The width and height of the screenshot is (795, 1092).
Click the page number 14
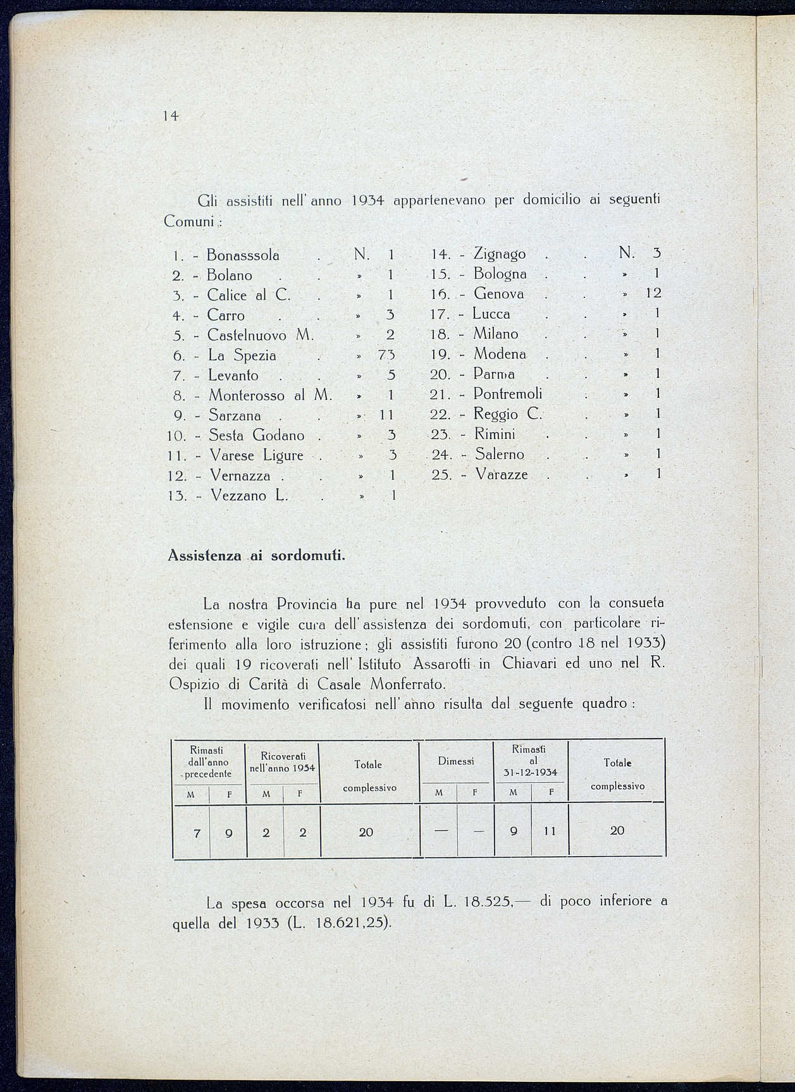click(x=170, y=116)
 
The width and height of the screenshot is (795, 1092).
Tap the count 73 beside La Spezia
click(x=386, y=355)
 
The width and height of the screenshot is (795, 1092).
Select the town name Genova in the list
click(x=498, y=294)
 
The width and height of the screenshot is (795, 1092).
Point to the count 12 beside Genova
click(x=653, y=293)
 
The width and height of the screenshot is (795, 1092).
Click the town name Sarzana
click(x=235, y=415)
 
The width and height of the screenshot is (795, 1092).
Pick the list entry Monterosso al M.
click(x=270, y=396)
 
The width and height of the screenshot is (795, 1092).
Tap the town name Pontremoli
click(x=508, y=394)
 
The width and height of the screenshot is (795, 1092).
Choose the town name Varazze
click(x=502, y=474)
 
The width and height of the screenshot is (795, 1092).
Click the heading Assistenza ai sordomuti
click(x=256, y=556)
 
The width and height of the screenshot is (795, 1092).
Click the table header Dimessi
click(x=455, y=761)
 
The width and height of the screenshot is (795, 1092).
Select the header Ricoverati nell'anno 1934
click(x=283, y=762)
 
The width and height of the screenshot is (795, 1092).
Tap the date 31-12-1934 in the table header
click(x=530, y=772)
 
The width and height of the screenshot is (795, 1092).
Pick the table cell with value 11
click(x=549, y=831)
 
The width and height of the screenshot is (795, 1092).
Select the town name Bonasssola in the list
click(x=243, y=255)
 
